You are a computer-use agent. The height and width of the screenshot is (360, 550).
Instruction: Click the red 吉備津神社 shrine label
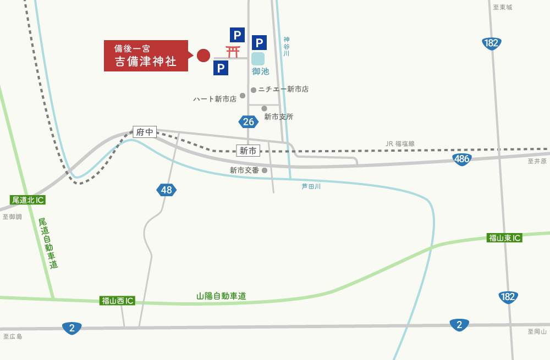coord(146,56)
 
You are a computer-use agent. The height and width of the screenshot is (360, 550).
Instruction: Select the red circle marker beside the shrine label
coord(204,55)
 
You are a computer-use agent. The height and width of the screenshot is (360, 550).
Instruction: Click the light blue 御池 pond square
coord(258,59)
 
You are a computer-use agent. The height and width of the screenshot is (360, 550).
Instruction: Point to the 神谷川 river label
coord(286,47)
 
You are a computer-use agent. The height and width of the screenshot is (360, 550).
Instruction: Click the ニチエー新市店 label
coord(283,89)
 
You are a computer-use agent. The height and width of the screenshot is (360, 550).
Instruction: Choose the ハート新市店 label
coord(215,99)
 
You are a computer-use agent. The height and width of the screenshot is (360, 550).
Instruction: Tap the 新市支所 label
coord(278,117)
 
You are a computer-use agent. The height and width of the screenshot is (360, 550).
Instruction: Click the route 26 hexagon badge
coord(249,121)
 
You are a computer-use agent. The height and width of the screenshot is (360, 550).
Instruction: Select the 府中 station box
coord(145,132)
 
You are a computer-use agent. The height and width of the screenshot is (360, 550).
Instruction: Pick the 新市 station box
coord(248,151)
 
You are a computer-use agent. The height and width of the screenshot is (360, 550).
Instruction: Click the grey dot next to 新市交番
coord(265,170)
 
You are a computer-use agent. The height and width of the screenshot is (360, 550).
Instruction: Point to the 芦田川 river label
coord(311,186)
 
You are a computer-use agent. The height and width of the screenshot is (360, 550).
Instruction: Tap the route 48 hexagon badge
coord(166,190)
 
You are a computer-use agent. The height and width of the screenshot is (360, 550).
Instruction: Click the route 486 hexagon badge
coord(462,159)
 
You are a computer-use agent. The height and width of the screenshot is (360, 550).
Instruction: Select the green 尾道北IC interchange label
coord(28,200)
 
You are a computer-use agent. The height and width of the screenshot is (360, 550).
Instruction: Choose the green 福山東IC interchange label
coord(504,238)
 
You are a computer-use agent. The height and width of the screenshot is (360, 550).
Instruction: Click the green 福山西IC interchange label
coord(118,301)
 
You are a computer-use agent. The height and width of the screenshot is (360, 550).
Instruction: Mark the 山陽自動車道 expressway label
coord(221,296)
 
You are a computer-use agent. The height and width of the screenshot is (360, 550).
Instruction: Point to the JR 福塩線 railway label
coord(400,143)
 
